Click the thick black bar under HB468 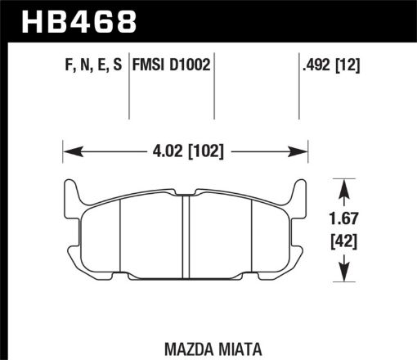208,38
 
